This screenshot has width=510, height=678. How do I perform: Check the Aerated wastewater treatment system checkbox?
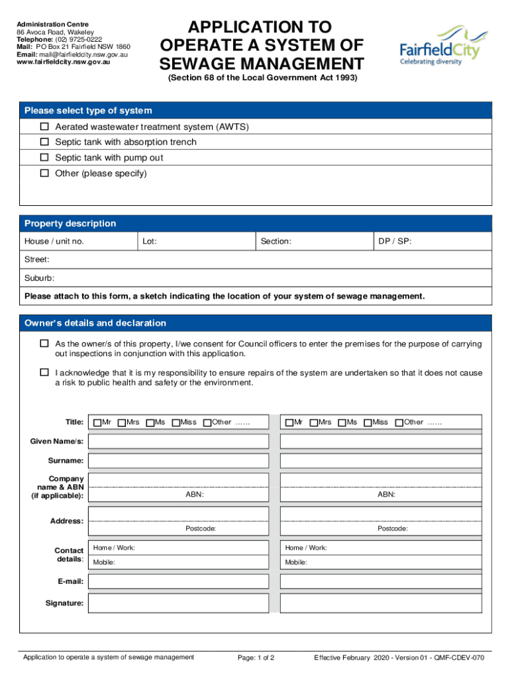pyautogui.click(x=45, y=126)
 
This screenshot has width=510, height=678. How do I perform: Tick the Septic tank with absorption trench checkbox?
pyautogui.click(x=45, y=142)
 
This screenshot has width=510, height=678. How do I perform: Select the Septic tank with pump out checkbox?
pyautogui.click(x=45, y=158)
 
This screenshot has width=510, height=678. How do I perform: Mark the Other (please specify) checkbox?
pyautogui.click(x=45, y=174)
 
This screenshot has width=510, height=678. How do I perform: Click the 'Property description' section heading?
pyautogui.click(x=70, y=224)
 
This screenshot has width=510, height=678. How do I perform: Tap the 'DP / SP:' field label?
pyautogui.click(x=395, y=242)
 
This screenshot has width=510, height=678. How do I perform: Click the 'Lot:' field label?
pyautogui.click(x=149, y=242)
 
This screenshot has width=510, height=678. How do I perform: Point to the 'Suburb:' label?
pyautogui.click(x=39, y=278)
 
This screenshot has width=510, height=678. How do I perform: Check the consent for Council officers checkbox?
pyautogui.click(x=45, y=344)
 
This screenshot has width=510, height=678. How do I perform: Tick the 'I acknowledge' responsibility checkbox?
pyautogui.click(x=45, y=373)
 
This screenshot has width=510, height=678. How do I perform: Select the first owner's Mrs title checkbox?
pyautogui.click(x=122, y=422)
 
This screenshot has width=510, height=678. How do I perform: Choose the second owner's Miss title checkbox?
pyautogui.click(x=368, y=422)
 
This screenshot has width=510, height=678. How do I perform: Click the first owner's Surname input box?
pyautogui.click(x=178, y=460)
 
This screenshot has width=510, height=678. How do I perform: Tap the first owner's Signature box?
pyautogui.click(x=178, y=603)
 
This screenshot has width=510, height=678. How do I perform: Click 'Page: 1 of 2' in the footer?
pyautogui.click(x=256, y=657)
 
